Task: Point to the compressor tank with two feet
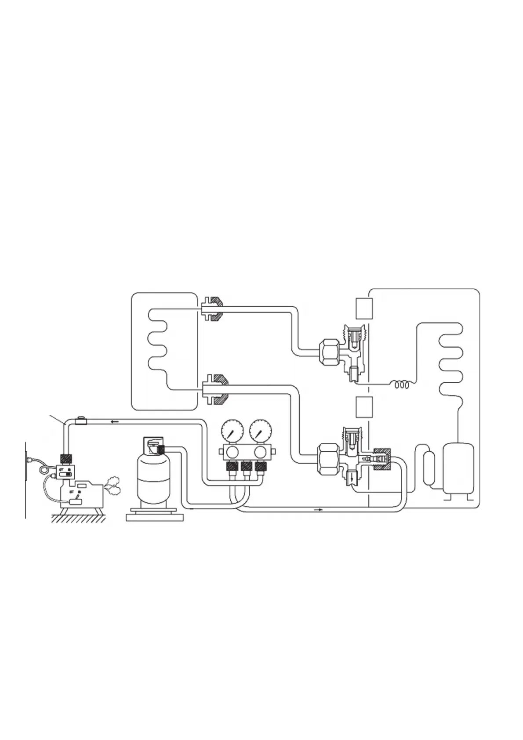458,468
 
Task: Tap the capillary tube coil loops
403,385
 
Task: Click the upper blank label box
364,308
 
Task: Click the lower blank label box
364,406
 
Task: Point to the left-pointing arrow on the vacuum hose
115,422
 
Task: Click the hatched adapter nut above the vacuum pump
66,458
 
